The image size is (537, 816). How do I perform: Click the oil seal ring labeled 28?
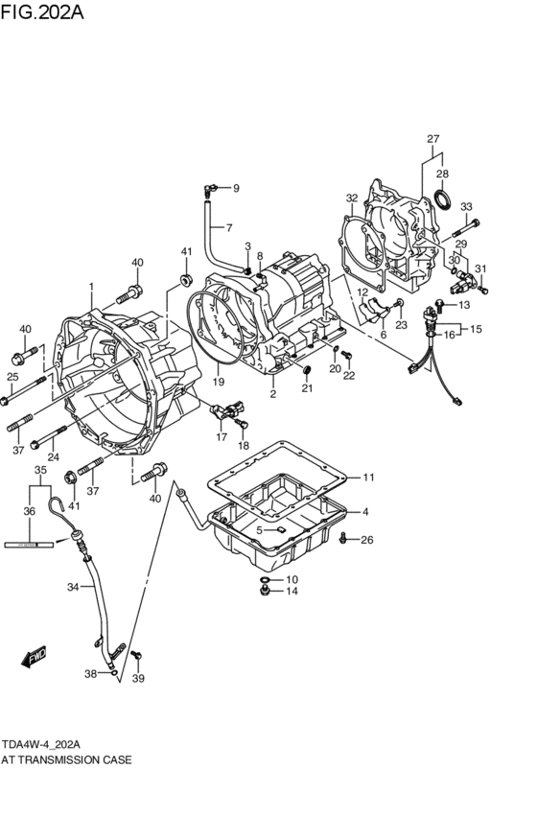point(443,199)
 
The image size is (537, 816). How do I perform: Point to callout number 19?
point(218,382)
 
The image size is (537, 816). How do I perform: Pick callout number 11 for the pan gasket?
point(368,477)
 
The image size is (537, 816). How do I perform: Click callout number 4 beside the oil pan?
point(365,512)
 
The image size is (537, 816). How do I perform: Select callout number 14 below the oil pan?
point(292,592)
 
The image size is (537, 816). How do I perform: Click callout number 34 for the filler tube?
point(73,588)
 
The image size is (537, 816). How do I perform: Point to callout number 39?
point(138,679)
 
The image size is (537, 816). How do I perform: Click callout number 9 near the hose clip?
point(235,188)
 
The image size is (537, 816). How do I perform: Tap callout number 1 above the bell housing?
point(91,288)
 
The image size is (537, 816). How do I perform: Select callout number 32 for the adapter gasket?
point(352,198)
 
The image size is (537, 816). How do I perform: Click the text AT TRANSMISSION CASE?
point(66,758)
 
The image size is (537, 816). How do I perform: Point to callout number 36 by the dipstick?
point(29,512)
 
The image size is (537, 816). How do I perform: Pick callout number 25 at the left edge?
point(13,376)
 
